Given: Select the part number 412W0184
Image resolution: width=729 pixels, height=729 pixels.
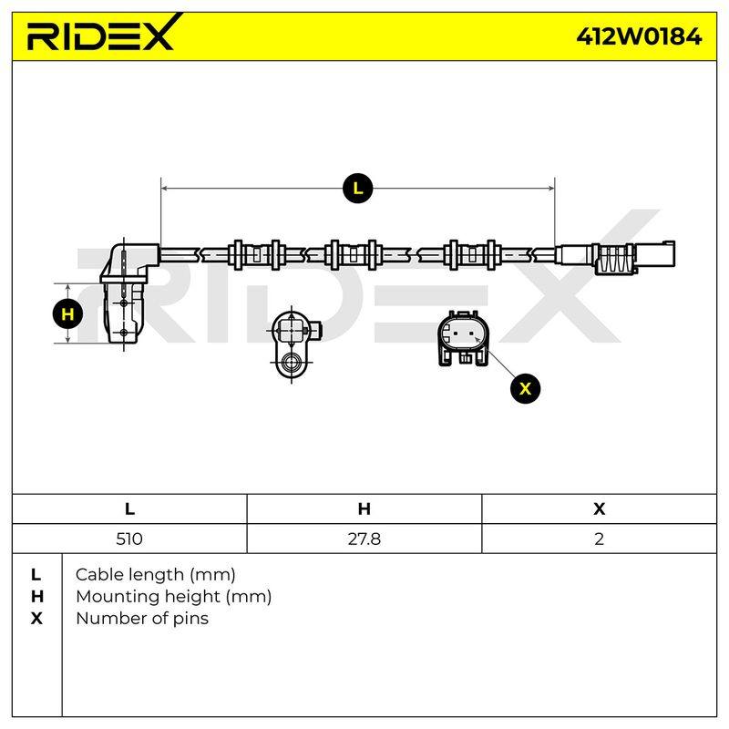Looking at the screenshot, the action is pos(639,36).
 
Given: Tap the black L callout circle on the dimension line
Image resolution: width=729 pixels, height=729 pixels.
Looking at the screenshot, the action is pos(357,189).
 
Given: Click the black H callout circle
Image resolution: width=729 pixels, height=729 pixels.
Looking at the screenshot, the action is pos(67,314).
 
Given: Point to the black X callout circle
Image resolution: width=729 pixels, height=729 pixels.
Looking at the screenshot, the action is pos(525,388).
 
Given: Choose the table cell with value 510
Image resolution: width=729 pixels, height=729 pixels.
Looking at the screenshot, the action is pos(129,539).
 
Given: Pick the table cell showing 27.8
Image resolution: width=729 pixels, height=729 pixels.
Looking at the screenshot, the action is pos(364,539).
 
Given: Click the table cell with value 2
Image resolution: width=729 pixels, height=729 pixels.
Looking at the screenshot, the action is pos(599,539).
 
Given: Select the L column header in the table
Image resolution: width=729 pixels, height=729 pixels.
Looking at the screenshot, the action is pos(129,509).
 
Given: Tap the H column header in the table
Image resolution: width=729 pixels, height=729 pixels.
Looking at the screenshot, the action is pos(364,509).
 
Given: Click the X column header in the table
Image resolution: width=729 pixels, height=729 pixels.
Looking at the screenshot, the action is pos(599,509).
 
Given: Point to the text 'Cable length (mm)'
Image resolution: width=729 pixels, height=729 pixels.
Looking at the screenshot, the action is pos(155,575).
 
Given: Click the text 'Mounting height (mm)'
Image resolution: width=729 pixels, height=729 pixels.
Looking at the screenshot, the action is pos(173,597).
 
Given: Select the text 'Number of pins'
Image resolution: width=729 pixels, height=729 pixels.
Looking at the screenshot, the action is pos(142,619).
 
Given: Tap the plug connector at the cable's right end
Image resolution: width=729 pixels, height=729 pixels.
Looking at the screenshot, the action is pos(616,256).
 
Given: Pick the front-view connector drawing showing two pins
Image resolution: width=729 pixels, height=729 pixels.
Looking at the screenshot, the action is pos(463,338).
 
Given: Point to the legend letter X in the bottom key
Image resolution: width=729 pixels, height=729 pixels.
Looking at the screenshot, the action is pos(36,619).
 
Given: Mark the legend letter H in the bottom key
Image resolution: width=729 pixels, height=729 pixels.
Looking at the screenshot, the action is pos(36,597).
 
